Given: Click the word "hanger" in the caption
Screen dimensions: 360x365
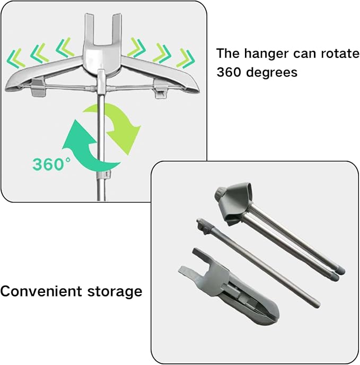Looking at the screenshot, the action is coord(267,54).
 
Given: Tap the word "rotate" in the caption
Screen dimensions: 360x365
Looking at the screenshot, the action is coord(340,53).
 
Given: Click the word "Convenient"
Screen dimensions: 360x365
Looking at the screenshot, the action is coord(41,291).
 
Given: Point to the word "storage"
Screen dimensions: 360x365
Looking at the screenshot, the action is coord(115,292).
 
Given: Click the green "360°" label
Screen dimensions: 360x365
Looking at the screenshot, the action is coord(51,163).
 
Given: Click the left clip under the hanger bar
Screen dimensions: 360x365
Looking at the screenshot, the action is coord(38,88).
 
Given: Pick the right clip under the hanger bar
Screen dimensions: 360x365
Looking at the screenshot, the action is coord(162,89).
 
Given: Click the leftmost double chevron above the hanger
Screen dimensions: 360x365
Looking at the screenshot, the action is coord(16,58).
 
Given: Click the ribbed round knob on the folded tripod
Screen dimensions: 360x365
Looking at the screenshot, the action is coord(220,193).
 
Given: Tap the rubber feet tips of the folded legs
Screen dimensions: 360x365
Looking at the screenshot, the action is coord(339,273).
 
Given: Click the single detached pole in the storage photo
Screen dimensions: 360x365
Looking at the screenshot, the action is coord(258,263).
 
